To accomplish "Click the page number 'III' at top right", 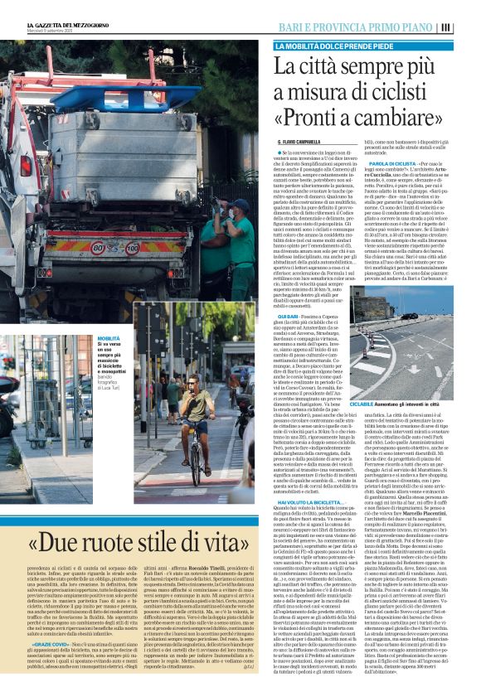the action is [x=470, y=26].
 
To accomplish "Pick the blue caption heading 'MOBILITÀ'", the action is [x=109, y=340].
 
